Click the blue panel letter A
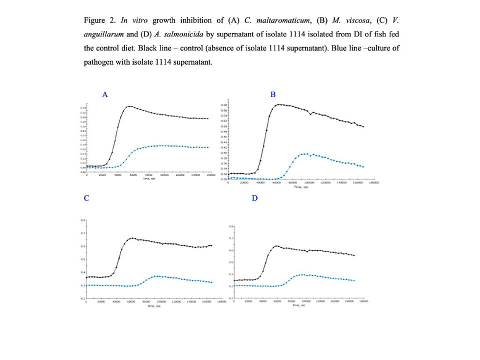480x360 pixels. point(105,94)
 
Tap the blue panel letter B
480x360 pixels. point(273,94)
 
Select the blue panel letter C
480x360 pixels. point(86,198)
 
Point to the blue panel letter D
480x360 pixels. point(254,198)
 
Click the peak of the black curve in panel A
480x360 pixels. point(130,106)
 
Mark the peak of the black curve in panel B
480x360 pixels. point(279,104)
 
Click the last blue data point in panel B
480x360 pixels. point(363,167)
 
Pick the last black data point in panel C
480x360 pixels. point(211,245)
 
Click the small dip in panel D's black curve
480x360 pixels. point(307,252)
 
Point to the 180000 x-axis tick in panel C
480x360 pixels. point(221,302)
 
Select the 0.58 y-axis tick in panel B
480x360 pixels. point(225,105)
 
